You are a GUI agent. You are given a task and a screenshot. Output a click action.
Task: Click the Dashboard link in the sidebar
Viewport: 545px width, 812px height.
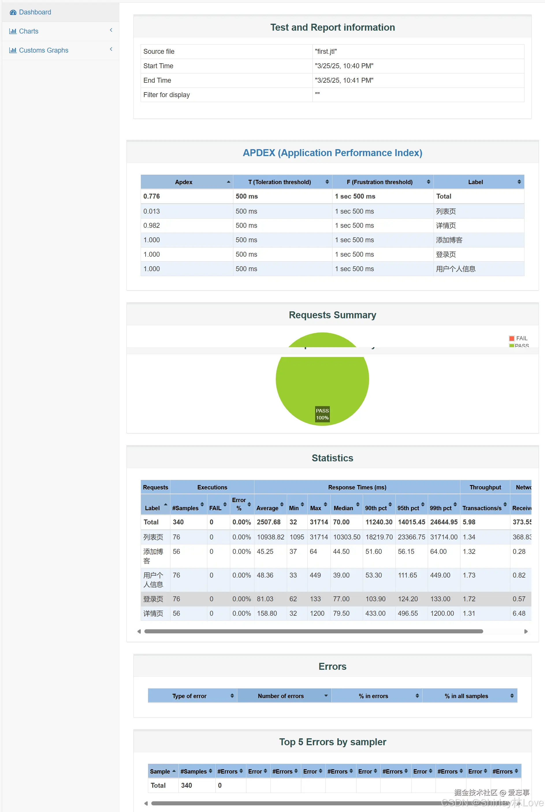click(x=35, y=12)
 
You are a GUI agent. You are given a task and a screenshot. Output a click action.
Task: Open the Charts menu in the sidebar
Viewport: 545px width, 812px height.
click(x=29, y=31)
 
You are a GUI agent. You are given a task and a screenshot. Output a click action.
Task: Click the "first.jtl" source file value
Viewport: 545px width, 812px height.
click(x=326, y=51)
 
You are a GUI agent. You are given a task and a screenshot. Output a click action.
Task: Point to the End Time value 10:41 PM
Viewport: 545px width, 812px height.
click(x=344, y=80)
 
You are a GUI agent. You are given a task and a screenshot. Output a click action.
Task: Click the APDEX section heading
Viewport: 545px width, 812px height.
click(x=332, y=153)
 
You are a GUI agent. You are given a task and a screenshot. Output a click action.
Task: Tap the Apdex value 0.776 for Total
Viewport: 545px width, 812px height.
click(x=152, y=196)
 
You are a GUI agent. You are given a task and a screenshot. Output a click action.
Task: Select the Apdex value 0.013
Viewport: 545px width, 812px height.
click(x=152, y=211)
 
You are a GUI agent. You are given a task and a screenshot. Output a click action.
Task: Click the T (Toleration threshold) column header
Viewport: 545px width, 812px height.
click(x=280, y=182)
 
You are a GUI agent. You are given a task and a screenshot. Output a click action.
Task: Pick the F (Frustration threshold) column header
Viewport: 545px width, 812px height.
click(x=379, y=182)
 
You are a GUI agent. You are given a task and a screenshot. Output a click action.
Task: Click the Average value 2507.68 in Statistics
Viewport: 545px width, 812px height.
click(x=268, y=522)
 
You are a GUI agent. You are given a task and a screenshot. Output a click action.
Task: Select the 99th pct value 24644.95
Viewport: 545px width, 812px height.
click(x=444, y=522)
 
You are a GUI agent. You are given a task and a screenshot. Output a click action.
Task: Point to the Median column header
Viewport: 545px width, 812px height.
click(x=343, y=508)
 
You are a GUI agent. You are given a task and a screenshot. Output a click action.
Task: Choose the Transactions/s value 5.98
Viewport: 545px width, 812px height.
click(x=469, y=522)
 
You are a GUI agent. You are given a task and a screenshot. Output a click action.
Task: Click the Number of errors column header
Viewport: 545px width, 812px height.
click(x=281, y=696)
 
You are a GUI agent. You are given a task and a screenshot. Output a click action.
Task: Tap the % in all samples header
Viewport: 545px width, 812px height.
click(x=466, y=696)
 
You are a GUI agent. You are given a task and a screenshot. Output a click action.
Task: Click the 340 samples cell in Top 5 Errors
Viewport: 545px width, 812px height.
click(x=186, y=785)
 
